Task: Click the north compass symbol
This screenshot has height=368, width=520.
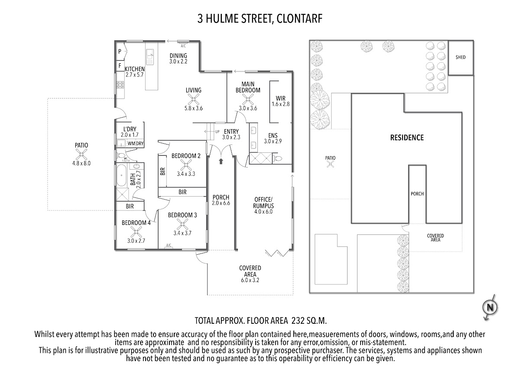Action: tap(490, 308)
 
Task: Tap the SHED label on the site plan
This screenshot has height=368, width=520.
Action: tap(461, 57)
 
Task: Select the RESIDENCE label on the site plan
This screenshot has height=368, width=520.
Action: tap(407, 138)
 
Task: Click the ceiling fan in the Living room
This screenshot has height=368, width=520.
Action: tap(193, 99)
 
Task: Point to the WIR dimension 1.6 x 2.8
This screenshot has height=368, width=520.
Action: tap(281, 104)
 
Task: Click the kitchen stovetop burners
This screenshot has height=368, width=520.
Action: tap(120, 85)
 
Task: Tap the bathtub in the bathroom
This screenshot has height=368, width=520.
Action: tap(121, 175)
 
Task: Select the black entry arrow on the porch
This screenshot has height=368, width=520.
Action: tap(221, 161)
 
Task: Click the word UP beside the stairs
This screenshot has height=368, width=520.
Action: tap(217, 131)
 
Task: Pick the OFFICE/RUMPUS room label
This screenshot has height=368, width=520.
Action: tap(263, 203)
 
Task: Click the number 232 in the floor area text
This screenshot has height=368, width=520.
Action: tap(298, 321)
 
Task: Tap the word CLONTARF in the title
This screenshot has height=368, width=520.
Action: tap(299, 19)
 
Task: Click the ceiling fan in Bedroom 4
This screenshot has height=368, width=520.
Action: tap(136, 232)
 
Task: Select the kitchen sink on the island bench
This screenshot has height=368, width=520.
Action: tap(150, 57)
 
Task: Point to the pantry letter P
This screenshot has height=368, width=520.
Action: tap(120, 51)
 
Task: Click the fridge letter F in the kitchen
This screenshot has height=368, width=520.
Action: tap(120, 66)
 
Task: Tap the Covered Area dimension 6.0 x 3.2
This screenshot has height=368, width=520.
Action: tap(250, 280)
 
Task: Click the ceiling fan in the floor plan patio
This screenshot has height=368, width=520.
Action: tap(81, 154)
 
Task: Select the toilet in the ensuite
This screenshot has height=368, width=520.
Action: tap(277, 158)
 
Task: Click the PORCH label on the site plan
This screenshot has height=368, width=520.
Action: tap(417, 194)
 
